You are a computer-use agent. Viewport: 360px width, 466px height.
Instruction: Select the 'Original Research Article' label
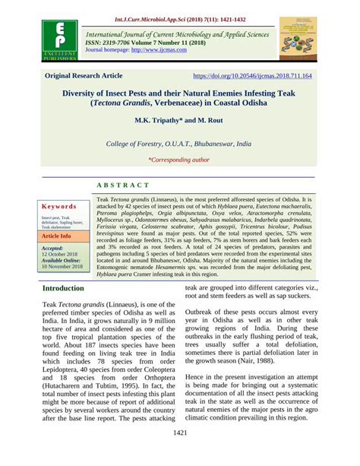[x=84, y=77]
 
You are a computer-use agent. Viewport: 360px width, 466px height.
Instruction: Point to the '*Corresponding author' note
[x=178, y=160]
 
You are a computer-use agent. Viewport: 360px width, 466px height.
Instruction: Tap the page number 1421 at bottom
[x=179, y=454]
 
